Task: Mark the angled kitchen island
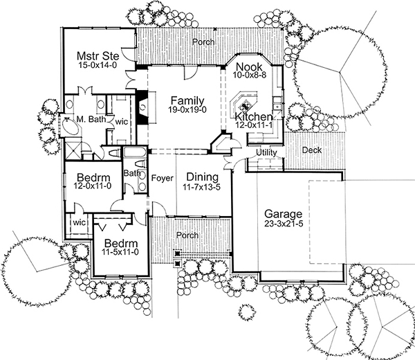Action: [x=245, y=104]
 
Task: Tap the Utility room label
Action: [x=266, y=152]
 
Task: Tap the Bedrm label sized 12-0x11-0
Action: [x=91, y=177]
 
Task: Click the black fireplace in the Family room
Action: [x=142, y=108]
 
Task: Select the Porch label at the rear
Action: [x=203, y=42]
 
